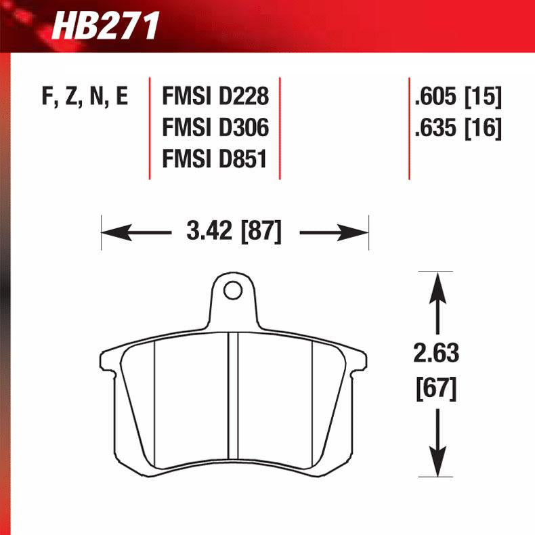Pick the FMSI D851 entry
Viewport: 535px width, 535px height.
tap(214, 159)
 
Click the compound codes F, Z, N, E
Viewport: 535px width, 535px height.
tap(85, 98)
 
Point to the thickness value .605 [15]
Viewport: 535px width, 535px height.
tap(458, 98)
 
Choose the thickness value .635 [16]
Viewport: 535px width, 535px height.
tap(458, 128)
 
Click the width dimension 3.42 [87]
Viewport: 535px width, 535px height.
tap(234, 232)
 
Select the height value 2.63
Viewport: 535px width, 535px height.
tap(437, 353)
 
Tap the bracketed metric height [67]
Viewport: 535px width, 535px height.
tap(437, 389)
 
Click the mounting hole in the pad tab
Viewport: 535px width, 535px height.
tap(233, 291)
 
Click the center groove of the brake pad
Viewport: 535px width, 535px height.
tap(232, 400)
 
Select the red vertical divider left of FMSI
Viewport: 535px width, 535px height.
tap(150, 128)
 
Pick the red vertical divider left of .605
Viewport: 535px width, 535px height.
tap(409, 128)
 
